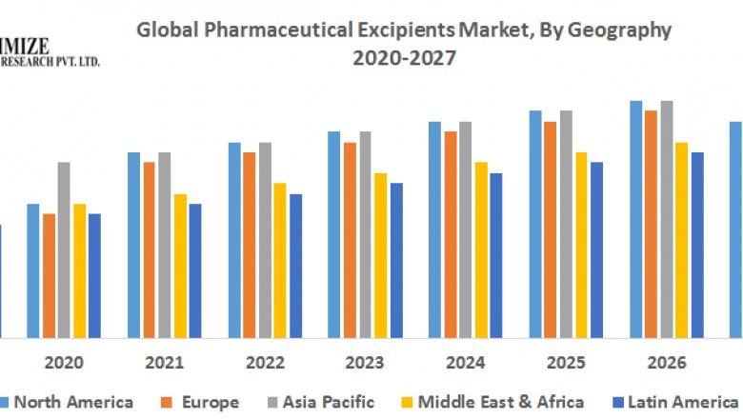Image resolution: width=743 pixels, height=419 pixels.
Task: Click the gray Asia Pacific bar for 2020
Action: (64, 249)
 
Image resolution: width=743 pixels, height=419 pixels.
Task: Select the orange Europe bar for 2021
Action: (150, 249)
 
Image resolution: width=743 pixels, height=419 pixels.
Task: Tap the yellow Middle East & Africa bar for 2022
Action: (280, 260)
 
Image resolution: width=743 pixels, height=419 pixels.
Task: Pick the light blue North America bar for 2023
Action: (334, 234)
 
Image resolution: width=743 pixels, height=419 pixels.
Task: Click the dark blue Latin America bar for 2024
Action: (495, 255)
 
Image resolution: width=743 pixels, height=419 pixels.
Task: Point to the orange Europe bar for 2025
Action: (551, 229)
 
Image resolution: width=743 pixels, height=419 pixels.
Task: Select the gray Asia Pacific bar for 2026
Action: (667, 219)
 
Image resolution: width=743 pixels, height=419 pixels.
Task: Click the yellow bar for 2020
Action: (79, 270)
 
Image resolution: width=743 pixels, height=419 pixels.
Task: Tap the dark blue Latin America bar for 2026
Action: (697, 245)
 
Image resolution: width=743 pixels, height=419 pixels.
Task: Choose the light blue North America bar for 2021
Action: (134, 245)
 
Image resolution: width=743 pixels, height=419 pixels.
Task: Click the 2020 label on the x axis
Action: (64, 363)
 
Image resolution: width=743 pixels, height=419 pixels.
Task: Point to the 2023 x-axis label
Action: (365, 363)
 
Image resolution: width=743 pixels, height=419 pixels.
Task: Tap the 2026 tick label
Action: (667, 363)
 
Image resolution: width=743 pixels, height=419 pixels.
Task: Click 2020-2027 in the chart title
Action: (404, 58)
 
